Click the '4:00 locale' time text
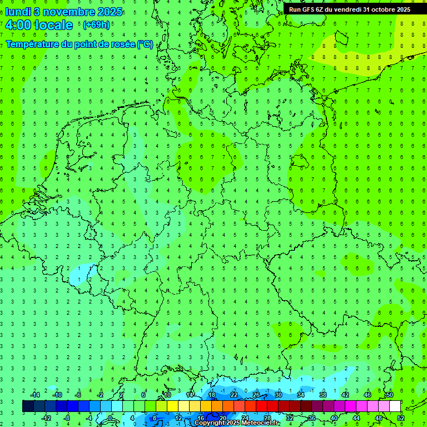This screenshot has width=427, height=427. (x=39, y=25)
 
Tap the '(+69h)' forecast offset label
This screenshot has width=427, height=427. (x=96, y=25)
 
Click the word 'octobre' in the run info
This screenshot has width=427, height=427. (x=379, y=9)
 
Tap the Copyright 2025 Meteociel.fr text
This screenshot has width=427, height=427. (x=236, y=423)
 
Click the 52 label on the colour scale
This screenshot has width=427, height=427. (x=401, y=418)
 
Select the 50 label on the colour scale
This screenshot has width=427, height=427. (x=390, y=395)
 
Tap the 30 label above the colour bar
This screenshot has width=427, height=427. (x=278, y=395)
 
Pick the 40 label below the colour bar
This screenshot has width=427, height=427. (x=334, y=418)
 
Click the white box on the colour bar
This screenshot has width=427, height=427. (x=395, y=406)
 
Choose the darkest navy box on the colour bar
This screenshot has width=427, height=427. (x=28, y=406)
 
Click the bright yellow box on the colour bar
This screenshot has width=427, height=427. (x=172, y=406)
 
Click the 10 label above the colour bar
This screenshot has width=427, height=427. (x=167, y=395)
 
